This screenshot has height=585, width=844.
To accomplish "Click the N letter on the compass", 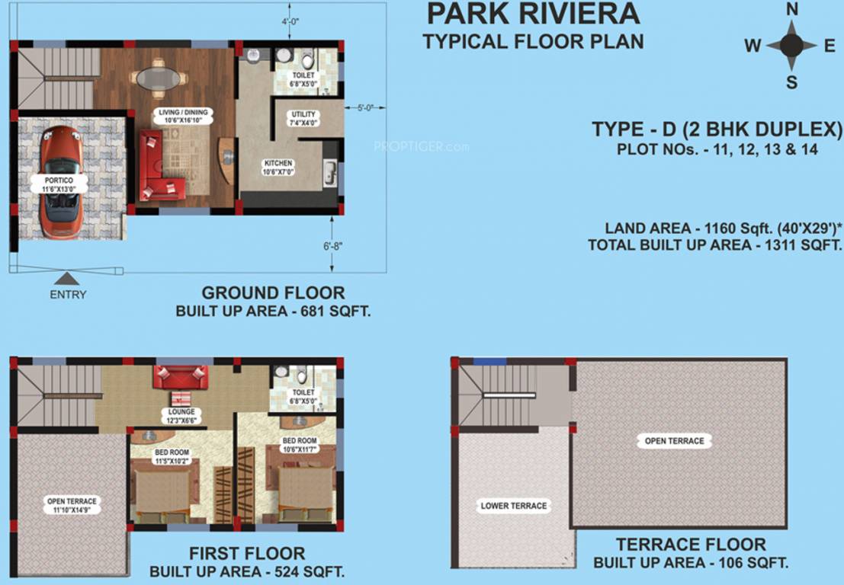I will coord(792,10).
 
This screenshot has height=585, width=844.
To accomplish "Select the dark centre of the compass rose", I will coord(792,46).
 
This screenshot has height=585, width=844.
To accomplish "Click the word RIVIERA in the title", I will coord(587,14).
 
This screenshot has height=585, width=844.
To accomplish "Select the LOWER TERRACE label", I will coord(513,506).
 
